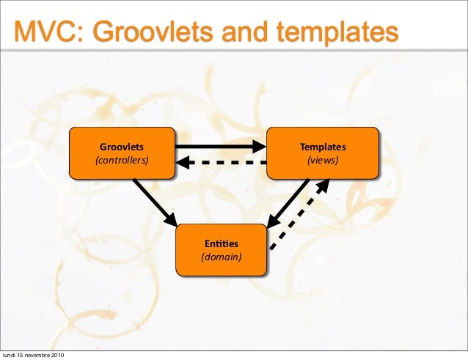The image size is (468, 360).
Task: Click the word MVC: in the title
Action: pos(50,32)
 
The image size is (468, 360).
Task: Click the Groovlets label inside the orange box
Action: pos(122,147)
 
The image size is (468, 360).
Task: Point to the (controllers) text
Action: pos(122,160)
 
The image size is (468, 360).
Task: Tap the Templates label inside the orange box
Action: pos(323,147)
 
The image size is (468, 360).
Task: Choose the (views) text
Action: pos(323,160)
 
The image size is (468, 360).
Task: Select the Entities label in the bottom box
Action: pos(222,243)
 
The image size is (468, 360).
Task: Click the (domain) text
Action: pos(222,257)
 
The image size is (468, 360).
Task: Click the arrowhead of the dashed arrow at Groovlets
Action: pos(184,162)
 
